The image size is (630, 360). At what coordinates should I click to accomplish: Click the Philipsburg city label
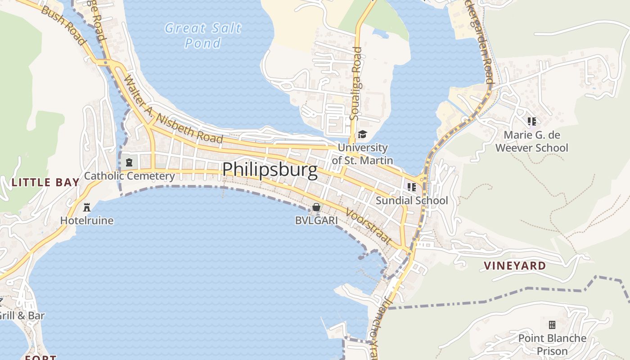pos(270,170)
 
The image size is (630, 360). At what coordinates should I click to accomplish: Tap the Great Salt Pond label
pos(203,35)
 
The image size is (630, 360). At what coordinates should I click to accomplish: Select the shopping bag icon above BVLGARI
pos(316,207)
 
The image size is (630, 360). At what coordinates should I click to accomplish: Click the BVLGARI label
pos(316,220)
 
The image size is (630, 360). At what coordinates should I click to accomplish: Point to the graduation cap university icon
pos(362,134)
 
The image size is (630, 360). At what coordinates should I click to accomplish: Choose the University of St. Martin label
pos(362,154)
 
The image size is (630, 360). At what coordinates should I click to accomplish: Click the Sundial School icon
pos(411,187)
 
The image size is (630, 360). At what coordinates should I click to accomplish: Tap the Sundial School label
pos(412,201)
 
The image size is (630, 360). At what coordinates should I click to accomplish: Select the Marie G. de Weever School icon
pos(531,121)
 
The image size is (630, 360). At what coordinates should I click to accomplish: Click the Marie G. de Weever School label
pos(531,141)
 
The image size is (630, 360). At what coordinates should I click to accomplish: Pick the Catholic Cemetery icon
pos(129,162)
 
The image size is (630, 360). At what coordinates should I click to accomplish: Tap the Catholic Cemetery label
pos(129,176)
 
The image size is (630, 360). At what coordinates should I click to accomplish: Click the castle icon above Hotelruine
pos(87,207)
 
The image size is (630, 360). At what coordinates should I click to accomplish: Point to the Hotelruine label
pos(87,220)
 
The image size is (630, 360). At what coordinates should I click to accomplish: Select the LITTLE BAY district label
pos(45,183)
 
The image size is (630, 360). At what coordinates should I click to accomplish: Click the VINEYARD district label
pos(515,266)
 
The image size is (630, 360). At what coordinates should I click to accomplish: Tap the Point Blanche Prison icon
pos(552,324)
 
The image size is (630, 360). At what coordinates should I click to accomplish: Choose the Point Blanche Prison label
pos(552,344)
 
